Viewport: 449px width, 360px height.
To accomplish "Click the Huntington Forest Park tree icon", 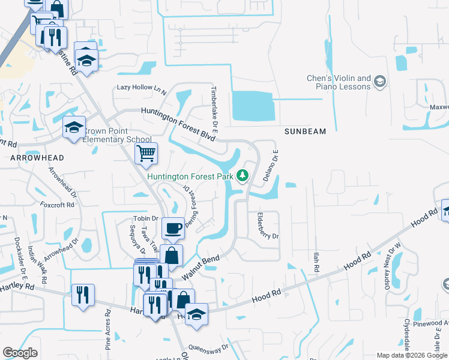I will coord(243,176).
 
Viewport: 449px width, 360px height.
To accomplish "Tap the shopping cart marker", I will coord(146,154).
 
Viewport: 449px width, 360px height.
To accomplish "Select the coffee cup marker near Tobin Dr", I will coord(173,229).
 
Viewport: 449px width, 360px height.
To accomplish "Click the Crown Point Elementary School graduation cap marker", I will coord(74,128).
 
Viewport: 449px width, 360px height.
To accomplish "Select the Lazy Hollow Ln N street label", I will coord(142,88).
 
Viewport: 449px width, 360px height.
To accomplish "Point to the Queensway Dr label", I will coord(208,347).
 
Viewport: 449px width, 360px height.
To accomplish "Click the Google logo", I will coord(20,353).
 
